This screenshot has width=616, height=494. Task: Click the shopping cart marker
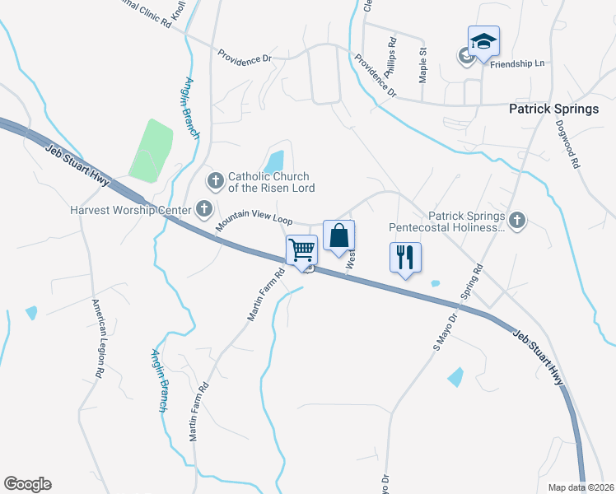(302, 249)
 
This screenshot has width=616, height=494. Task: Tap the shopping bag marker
(338, 236)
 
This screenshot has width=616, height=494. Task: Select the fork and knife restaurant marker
(405, 258)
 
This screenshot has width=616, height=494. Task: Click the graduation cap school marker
(483, 41)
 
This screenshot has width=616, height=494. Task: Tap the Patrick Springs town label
(553, 108)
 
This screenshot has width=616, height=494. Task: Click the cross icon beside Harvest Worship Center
(203, 210)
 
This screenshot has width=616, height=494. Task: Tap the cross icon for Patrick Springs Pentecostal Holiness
(516, 220)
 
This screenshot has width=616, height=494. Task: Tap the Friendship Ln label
(518, 63)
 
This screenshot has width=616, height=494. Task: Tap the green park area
(150, 150)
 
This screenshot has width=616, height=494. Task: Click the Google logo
(27, 484)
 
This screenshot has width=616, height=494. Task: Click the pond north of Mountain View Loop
(275, 160)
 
